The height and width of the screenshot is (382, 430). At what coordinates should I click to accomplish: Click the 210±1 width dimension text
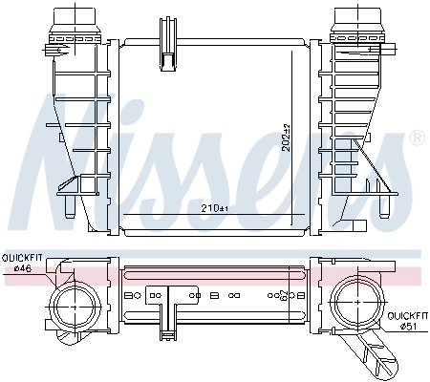[216, 207]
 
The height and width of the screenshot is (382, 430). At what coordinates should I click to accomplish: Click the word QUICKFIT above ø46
[22, 258]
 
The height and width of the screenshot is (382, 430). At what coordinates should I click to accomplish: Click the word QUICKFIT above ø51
[407, 314]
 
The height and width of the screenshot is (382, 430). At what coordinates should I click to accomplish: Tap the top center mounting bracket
[167, 43]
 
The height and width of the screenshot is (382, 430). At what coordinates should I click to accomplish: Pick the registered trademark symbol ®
[416, 139]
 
